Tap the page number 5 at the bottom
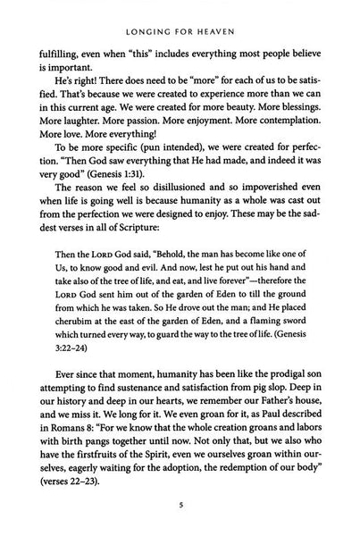click(180, 515)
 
